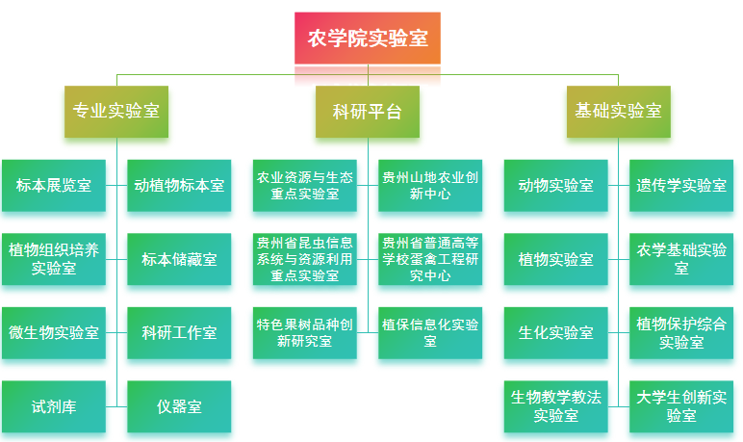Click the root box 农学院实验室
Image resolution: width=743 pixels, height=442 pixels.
[x=368, y=39]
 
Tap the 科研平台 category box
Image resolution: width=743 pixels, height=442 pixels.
[x=368, y=110]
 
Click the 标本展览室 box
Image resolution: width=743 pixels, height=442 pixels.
[x=54, y=186]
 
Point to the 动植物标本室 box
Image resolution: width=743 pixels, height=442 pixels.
[x=179, y=186]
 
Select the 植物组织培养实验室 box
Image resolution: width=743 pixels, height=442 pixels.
[x=54, y=259]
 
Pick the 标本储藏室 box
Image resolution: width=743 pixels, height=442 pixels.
[x=179, y=259]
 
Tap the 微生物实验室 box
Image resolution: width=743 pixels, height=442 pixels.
[x=54, y=333]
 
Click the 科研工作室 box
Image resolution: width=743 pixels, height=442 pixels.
[x=179, y=333]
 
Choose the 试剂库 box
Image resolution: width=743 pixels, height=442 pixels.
[x=54, y=406]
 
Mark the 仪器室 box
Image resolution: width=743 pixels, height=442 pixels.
[x=179, y=406]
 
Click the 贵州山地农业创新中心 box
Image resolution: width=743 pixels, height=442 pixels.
[x=430, y=186]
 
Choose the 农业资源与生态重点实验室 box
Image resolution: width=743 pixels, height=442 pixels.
[x=305, y=186]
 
